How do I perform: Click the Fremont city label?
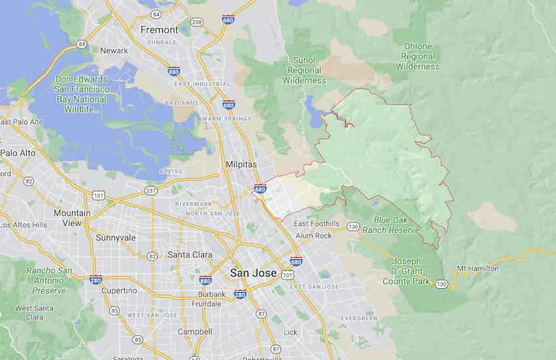(x=159, y=30)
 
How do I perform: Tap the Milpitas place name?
(x=241, y=164)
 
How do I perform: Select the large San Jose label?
(x=253, y=272)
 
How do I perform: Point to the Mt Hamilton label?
(x=478, y=268)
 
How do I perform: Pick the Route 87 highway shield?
(x=262, y=314)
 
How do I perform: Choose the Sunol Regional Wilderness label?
(x=304, y=70)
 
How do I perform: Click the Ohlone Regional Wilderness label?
(x=417, y=56)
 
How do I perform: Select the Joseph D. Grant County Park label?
(x=406, y=271)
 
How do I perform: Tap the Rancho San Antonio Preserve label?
(x=50, y=280)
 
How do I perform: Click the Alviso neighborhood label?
(x=171, y=171)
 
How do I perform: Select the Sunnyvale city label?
(x=116, y=238)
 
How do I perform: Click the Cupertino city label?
(x=119, y=290)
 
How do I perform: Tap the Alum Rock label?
(x=313, y=235)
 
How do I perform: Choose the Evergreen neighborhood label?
(x=359, y=318)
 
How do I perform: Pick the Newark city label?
(x=114, y=50)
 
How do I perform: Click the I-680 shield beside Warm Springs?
(x=228, y=105)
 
